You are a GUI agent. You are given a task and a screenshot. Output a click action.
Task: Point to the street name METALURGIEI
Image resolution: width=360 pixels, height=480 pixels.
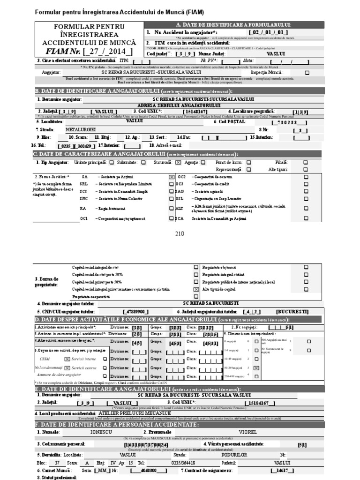(81, 129)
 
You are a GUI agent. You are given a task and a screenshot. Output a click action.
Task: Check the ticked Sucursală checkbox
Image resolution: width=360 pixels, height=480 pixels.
(178, 162)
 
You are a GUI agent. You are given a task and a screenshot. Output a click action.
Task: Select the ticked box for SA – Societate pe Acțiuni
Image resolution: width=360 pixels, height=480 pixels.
(171, 177)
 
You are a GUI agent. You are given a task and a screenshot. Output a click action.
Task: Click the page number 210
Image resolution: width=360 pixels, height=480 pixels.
(180, 234)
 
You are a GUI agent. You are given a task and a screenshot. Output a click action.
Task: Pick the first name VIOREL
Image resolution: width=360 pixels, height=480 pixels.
(248, 432)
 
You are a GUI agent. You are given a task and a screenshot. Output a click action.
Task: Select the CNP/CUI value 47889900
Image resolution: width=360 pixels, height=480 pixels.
(136, 311)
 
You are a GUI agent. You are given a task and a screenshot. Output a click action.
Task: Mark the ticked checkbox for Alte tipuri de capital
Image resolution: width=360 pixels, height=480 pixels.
(196, 290)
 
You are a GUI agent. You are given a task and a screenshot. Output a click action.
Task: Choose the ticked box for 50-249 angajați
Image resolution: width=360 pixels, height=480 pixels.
(256, 368)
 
